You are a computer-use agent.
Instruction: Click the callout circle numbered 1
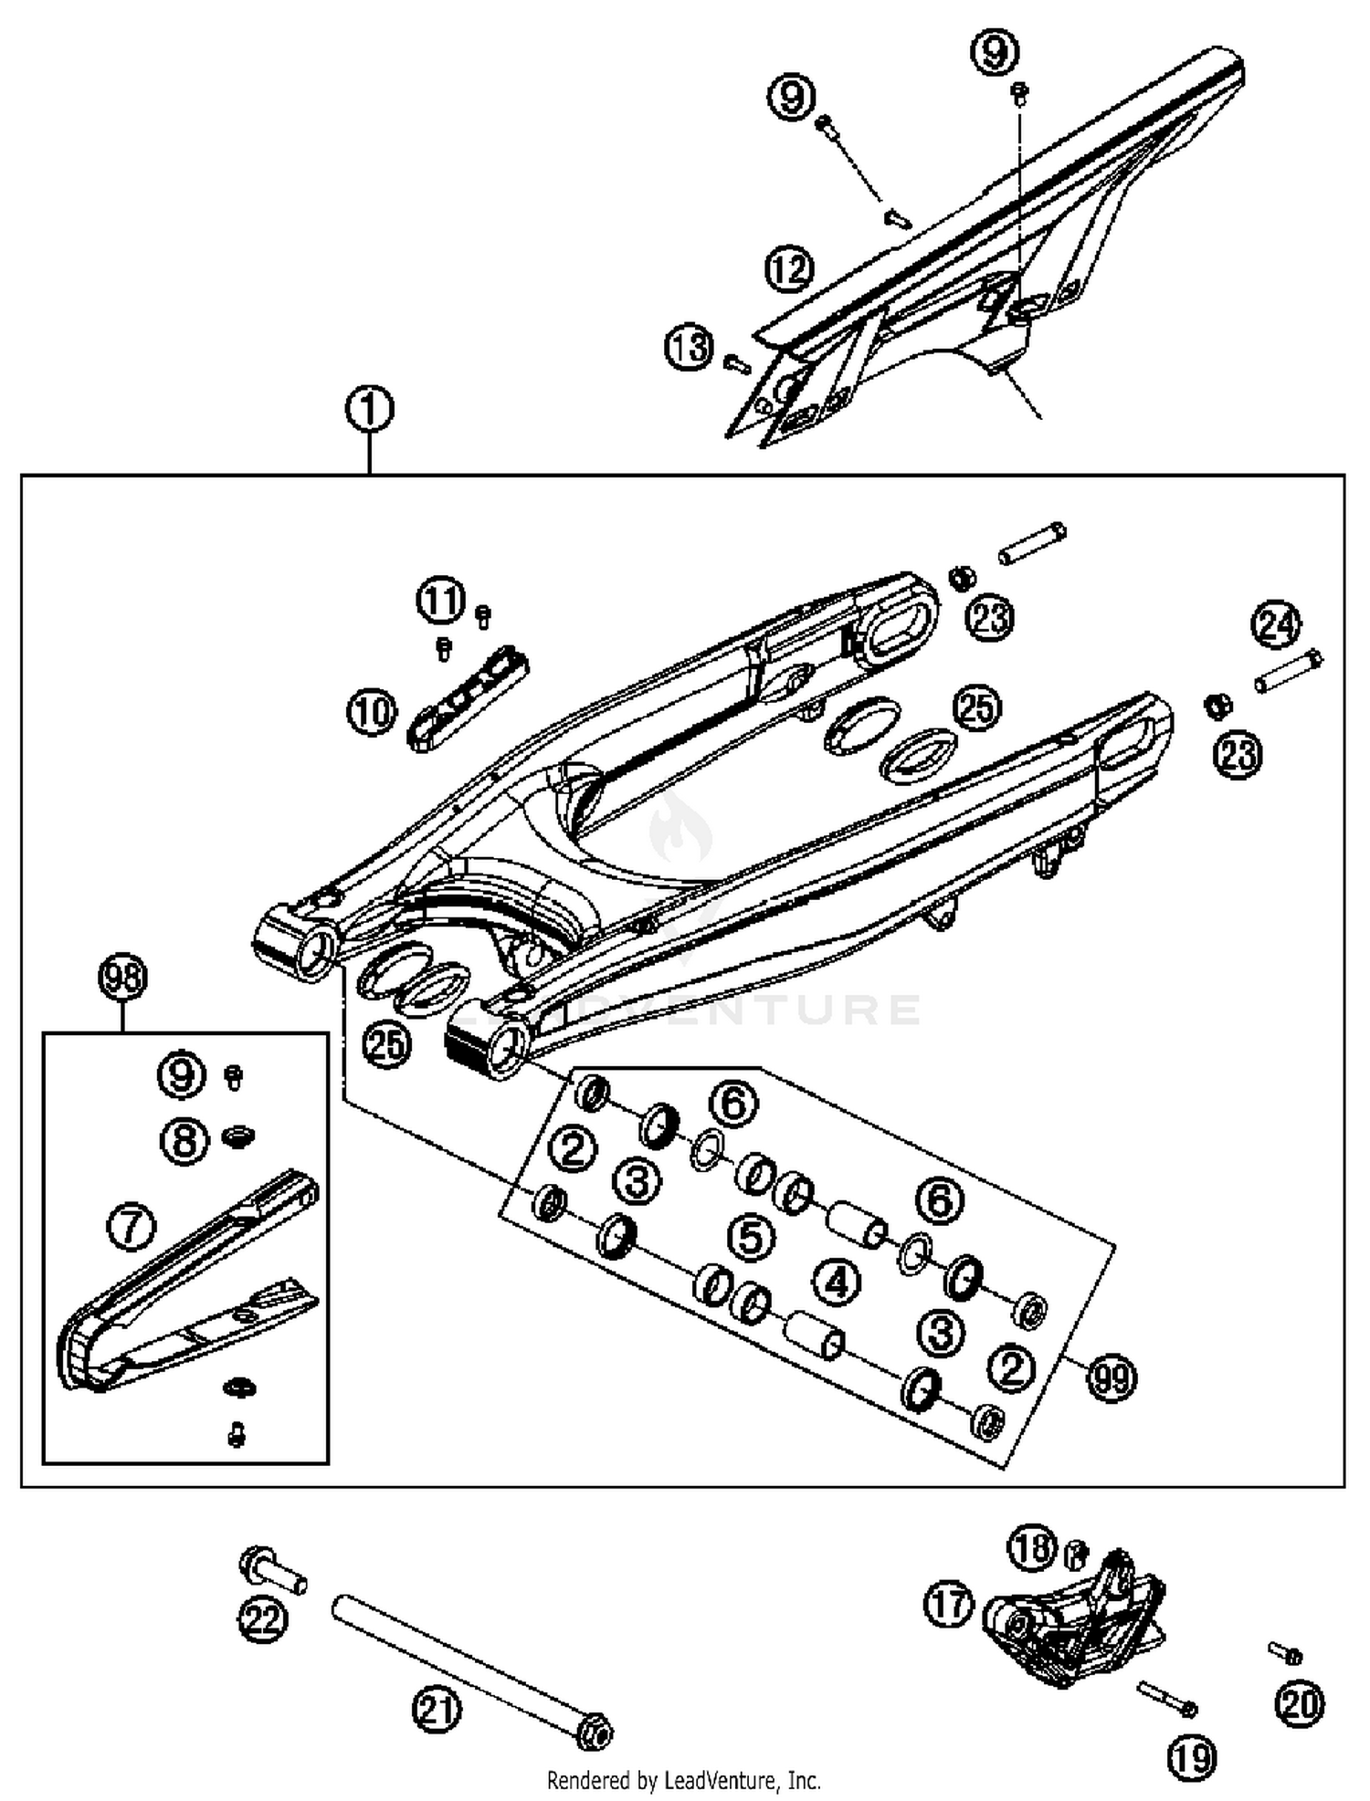[369, 410]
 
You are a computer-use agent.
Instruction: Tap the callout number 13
[688, 348]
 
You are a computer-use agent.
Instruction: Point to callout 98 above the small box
[122, 979]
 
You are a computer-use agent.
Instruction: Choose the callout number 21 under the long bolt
[437, 1709]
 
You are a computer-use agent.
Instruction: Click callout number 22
[263, 1620]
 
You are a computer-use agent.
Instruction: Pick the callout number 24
[1276, 625]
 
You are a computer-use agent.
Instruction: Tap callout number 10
[371, 712]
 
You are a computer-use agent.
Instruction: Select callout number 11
[441, 601]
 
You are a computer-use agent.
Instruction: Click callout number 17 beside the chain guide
[950, 1605]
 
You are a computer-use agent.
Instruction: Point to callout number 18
[1033, 1548]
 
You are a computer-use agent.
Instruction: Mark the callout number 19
[1192, 1756]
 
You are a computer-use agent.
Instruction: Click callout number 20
[1300, 1703]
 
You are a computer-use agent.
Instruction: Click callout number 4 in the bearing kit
[837, 1283]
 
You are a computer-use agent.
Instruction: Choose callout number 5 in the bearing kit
[751, 1238]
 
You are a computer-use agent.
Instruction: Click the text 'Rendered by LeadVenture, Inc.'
[683, 1780]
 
